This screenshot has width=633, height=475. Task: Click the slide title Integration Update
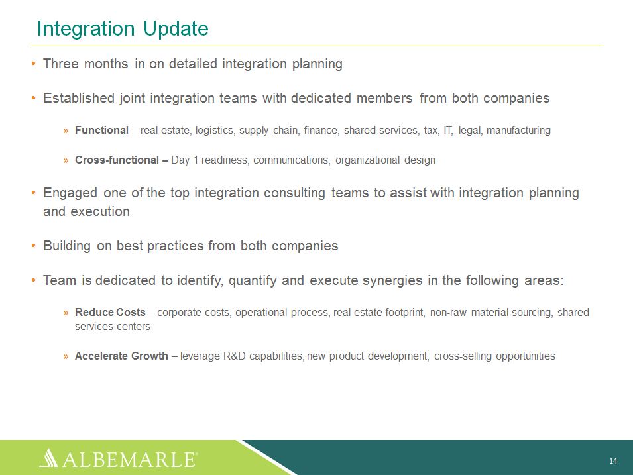pyautogui.click(x=123, y=29)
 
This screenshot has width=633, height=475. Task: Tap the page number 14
pyautogui.click(x=613, y=461)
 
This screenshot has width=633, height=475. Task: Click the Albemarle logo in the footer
pyautogui.click(x=119, y=458)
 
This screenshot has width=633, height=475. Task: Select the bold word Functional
pyautogui.click(x=101, y=130)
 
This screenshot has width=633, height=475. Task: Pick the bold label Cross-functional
pyautogui.click(x=117, y=160)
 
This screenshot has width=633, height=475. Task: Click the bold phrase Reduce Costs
pyautogui.click(x=110, y=313)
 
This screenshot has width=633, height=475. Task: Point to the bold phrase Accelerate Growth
pyautogui.click(x=121, y=356)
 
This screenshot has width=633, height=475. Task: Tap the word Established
pyautogui.click(x=79, y=98)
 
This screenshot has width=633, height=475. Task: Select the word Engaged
pyautogui.click(x=70, y=193)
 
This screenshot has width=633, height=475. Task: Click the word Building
pyautogui.click(x=67, y=246)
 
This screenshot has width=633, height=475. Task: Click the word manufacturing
pyautogui.click(x=518, y=131)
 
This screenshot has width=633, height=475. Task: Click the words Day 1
pyautogui.click(x=184, y=160)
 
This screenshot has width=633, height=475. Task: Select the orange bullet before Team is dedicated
pyautogui.click(x=34, y=280)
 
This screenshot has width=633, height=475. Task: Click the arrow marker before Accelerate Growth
pyautogui.click(x=66, y=356)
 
